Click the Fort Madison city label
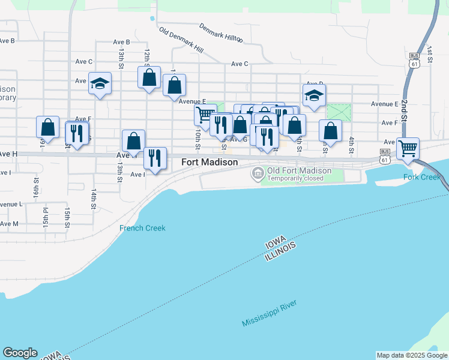(x=209, y=163)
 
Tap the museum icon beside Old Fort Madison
(x=258, y=174)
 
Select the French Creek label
(x=142, y=228)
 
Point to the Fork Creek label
(x=422, y=177)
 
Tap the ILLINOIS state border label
(x=281, y=251)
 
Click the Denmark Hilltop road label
(x=221, y=34)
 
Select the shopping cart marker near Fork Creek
(x=408, y=148)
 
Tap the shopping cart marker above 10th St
(x=205, y=114)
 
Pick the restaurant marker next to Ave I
(x=155, y=158)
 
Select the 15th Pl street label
(x=45, y=218)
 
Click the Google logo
(x=20, y=353)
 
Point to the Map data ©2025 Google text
(x=412, y=355)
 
